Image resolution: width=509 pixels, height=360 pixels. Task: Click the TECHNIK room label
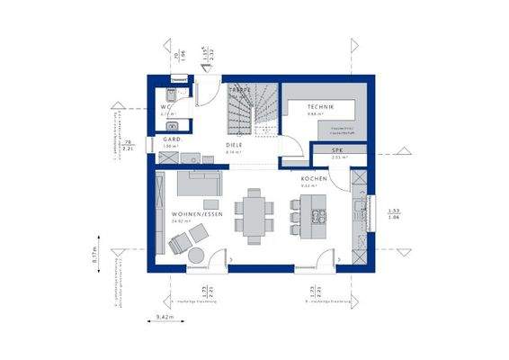pyautogui.click(x=320, y=106)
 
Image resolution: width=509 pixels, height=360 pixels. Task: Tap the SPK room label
pyautogui.click(x=337, y=149)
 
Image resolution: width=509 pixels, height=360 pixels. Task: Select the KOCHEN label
pyautogui.click(x=314, y=178)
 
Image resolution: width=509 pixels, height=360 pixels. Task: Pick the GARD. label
pyautogui.click(x=172, y=139)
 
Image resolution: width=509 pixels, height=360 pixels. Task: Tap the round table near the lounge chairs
pyautogui.click(x=195, y=256)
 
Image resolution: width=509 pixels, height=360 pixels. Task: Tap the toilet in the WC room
pyautogui.click(x=169, y=96)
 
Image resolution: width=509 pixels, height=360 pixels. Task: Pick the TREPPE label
pyautogui.click(x=238, y=91)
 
